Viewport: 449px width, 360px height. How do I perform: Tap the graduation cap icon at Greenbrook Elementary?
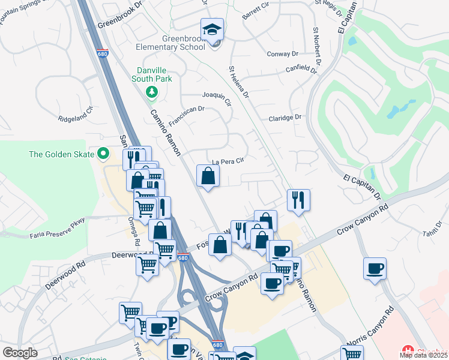tap(211, 29)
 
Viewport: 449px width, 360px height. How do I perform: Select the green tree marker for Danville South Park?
tap(152, 92)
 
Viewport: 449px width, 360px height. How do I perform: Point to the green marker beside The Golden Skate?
tap(103, 154)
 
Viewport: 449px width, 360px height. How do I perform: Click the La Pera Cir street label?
tap(228, 161)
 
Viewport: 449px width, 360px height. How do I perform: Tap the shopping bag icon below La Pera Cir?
tap(208, 176)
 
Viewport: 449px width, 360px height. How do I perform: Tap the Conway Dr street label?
tap(282, 53)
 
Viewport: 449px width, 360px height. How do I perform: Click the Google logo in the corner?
tap(20, 352)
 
